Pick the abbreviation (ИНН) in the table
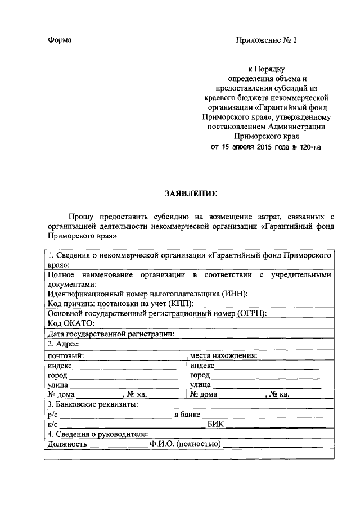click(234, 294)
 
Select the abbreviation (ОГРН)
click(246, 313)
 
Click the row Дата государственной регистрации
click(111, 334)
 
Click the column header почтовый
click(66, 355)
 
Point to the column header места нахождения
click(223, 355)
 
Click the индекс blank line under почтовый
click(124, 366)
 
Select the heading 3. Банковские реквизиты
click(93, 404)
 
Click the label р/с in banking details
click(53, 415)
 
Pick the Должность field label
click(67, 444)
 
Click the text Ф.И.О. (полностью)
click(185, 444)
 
